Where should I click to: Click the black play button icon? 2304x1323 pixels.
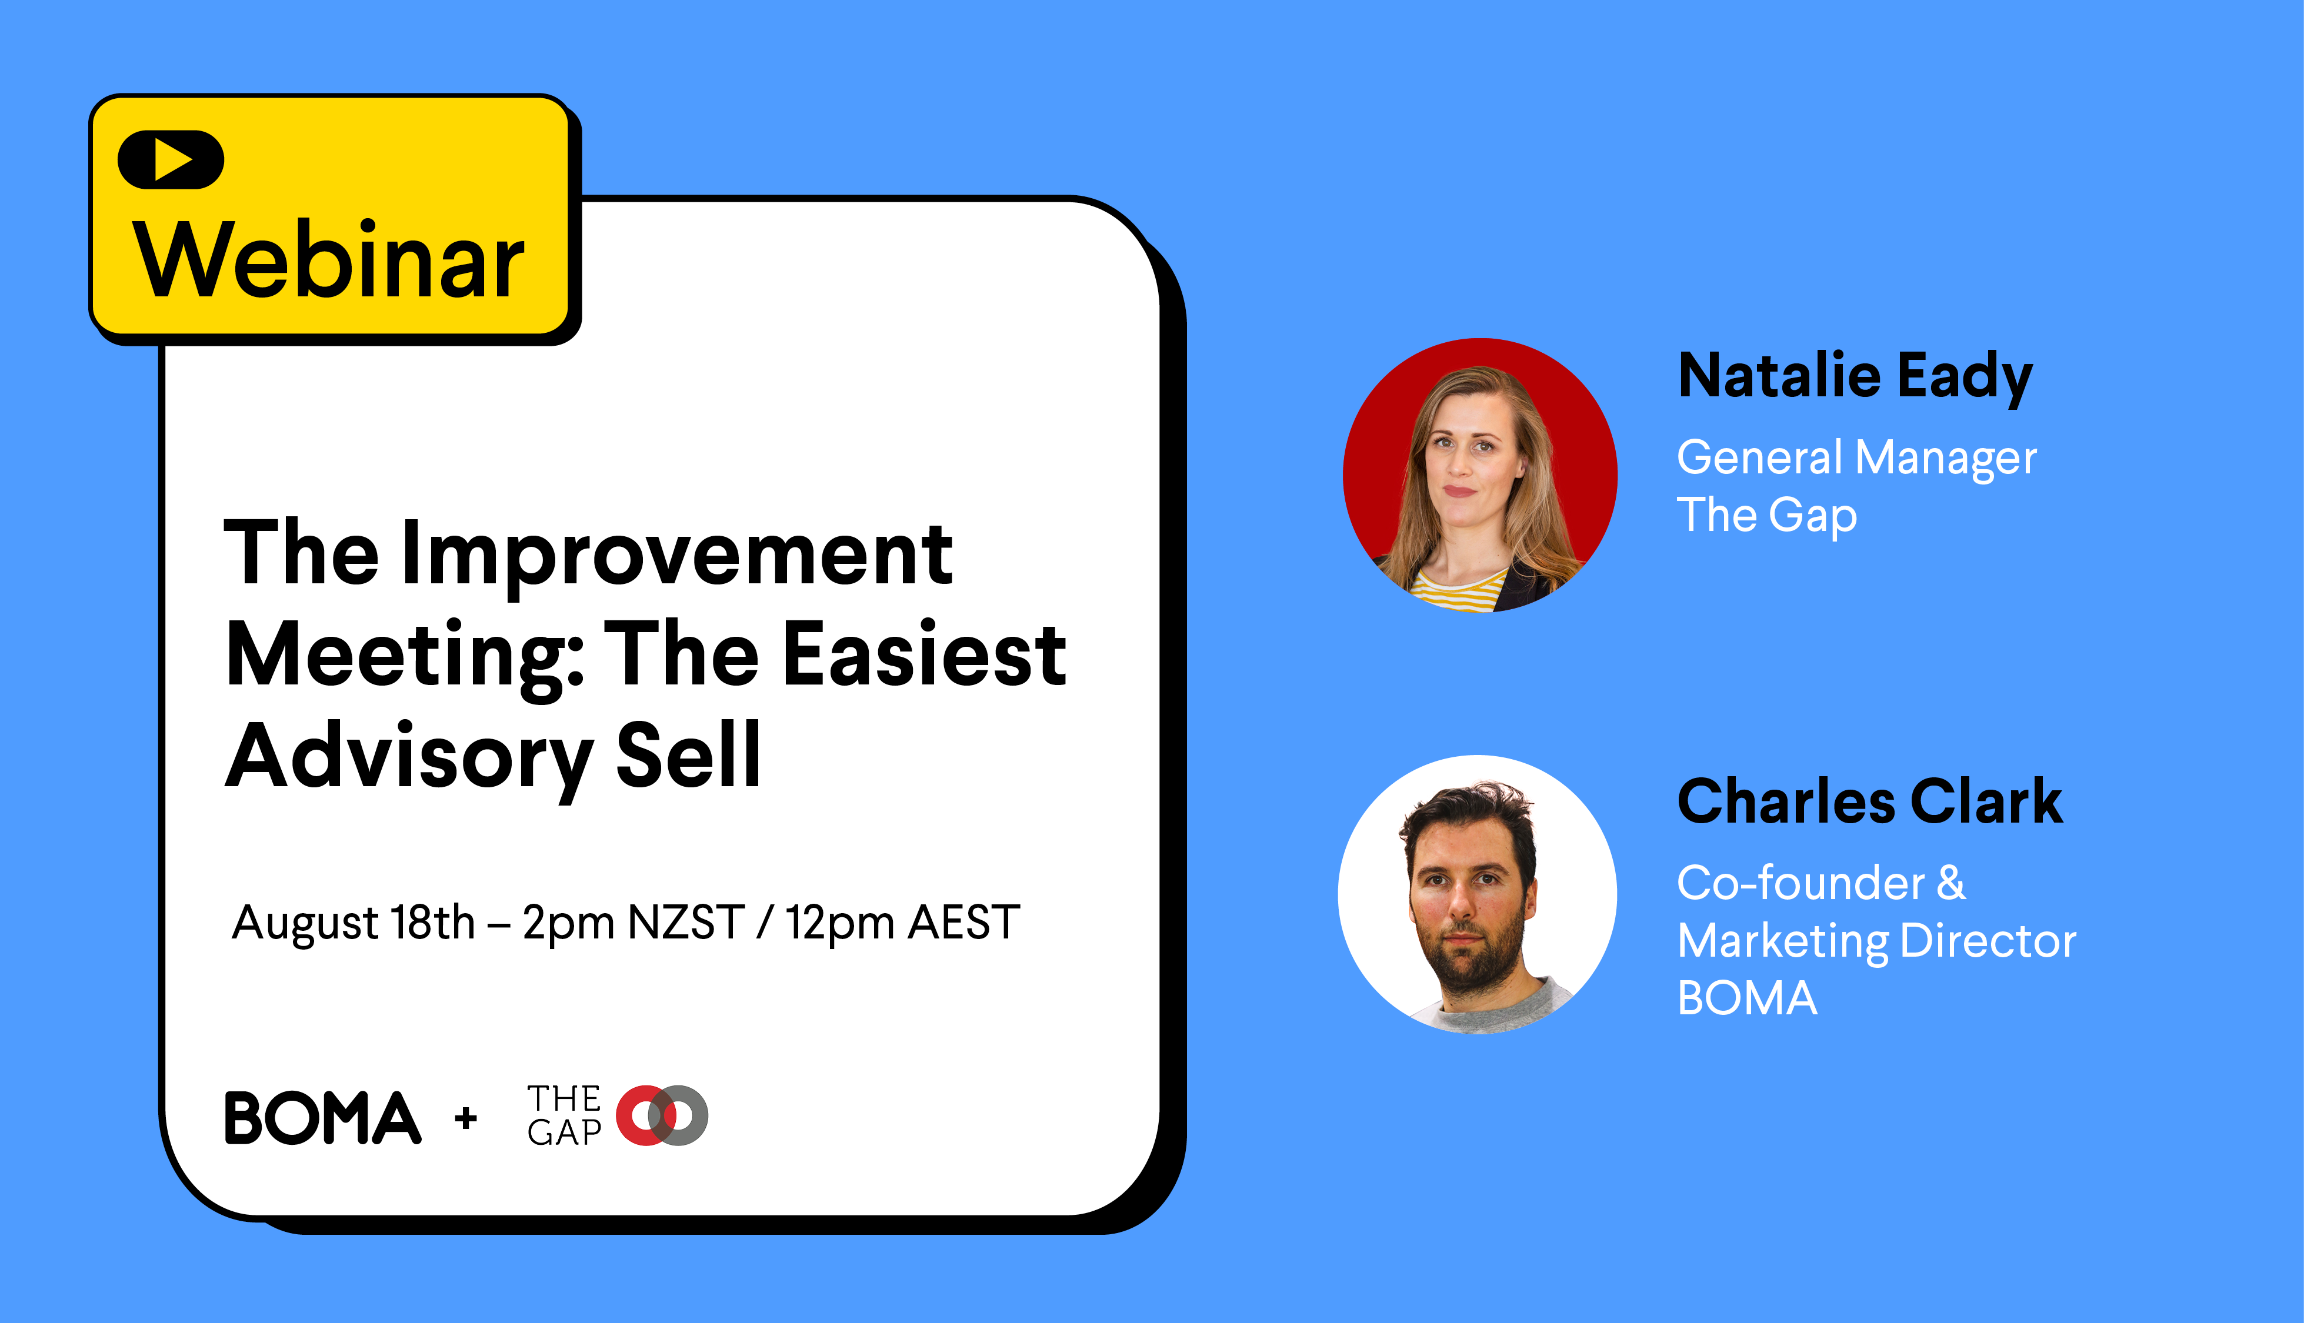click(x=171, y=160)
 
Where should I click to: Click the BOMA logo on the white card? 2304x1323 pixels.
click(x=323, y=1118)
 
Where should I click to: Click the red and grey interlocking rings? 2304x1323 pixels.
click(x=662, y=1115)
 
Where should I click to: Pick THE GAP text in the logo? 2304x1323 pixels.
click(x=564, y=1115)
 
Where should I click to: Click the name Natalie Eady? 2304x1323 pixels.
click(x=1855, y=377)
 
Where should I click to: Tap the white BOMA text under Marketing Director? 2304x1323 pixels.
click(x=1747, y=998)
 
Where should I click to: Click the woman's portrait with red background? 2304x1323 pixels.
click(x=1480, y=475)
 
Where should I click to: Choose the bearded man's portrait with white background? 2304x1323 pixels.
click(x=1477, y=895)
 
